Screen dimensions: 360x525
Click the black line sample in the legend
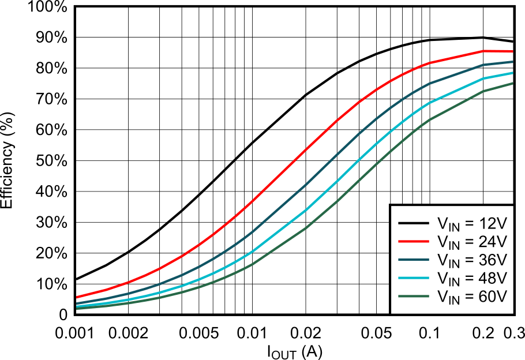point(413,223)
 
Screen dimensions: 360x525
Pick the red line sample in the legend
point(413,241)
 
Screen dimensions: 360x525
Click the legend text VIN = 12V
point(472,223)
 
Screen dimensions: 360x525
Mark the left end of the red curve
point(77,297)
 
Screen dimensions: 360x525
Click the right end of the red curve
point(512,51)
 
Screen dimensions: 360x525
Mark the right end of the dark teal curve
point(512,62)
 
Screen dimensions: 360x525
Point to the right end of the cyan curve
point(512,73)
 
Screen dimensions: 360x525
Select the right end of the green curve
point(512,84)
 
